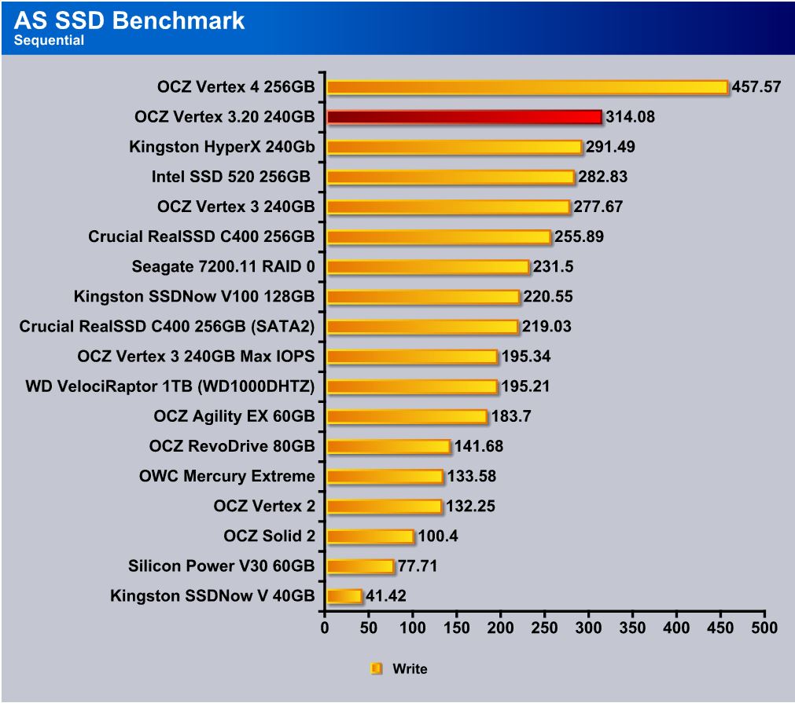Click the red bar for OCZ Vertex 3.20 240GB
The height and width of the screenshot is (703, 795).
pyautogui.click(x=464, y=117)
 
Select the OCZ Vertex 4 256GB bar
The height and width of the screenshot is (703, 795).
pyautogui.click(x=527, y=87)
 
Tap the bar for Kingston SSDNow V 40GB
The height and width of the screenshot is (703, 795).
pyautogui.click(x=344, y=596)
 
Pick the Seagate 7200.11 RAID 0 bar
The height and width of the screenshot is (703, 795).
pyautogui.click(x=428, y=267)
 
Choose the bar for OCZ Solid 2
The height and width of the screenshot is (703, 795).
pyautogui.click(x=370, y=536)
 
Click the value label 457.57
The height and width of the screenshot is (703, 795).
pyautogui.click(x=756, y=87)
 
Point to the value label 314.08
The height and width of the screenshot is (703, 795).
pyautogui.click(x=630, y=117)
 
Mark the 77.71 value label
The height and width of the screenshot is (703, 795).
pyautogui.click(x=418, y=566)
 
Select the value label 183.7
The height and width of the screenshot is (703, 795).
pyautogui.click(x=511, y=416)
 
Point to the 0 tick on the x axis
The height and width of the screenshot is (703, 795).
pyautogui.click(x=325, y=628)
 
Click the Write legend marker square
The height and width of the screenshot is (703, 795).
pyautogui.click(x=376, y=669)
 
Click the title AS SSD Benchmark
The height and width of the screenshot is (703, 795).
pyautogui.click(x=129, y=20)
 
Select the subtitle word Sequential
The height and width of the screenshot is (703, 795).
pyautogui.click(x=49, y=41)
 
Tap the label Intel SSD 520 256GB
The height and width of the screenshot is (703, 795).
pyautogui.click(x=233, y=177)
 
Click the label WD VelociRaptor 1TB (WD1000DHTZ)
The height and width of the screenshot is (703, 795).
pyautogui.click(x=170, y=386)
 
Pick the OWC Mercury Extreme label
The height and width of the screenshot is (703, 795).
pyautogui.click(x=226, y=476)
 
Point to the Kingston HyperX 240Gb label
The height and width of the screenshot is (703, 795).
pyautogui.click(x=222, y=147)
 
